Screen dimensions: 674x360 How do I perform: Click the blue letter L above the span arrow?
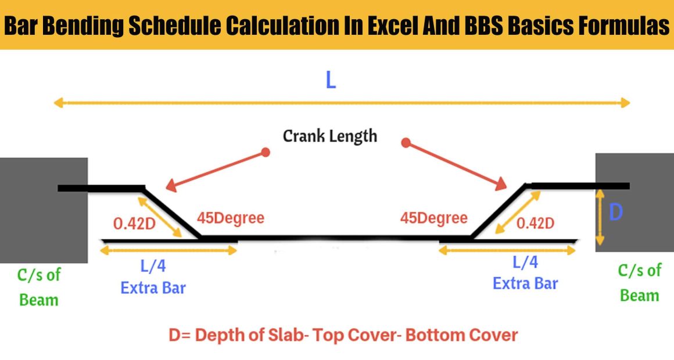(331, 80)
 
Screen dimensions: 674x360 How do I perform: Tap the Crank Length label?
(330, 136)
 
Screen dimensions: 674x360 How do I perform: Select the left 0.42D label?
(134, 224)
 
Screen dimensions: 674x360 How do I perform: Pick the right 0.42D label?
(535, 223)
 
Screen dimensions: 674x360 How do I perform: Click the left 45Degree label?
(231, 218)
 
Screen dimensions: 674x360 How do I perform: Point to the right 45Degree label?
(433, 218)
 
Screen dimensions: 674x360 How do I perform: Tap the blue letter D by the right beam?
(615, 212)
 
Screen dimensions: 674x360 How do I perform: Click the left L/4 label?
(153, 266)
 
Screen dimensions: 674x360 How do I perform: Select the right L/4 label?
(525, 262)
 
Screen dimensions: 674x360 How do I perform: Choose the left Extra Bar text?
(153, 288)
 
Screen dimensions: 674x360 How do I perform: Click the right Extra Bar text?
(525, 283)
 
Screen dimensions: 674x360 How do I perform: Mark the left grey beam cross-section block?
(44, 211)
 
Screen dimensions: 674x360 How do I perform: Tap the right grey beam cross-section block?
(634, 202)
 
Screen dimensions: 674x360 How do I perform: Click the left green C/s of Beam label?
(39, 287)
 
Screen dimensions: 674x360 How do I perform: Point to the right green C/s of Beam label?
(640, 283)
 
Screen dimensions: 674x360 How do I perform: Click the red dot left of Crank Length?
(266, 152)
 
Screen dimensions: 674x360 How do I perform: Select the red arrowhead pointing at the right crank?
(501, 183)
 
